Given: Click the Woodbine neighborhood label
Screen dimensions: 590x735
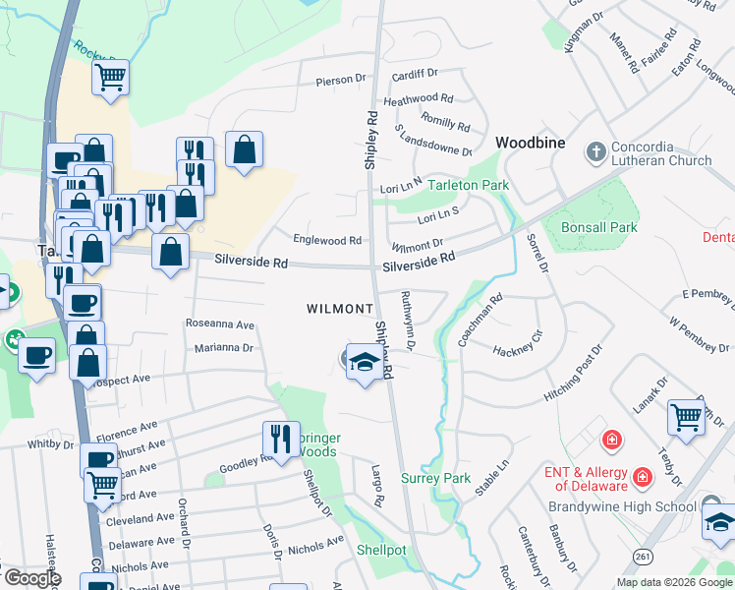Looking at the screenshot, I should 530,143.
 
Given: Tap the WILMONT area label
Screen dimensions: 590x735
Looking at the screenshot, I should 340,309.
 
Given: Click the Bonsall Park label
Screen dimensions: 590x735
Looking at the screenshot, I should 572,227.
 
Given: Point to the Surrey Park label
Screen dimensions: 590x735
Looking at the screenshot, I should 436,479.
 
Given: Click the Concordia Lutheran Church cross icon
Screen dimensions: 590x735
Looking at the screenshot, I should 594,152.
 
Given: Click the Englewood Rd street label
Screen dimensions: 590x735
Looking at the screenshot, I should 327,240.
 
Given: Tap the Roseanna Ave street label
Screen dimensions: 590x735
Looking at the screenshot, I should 220,324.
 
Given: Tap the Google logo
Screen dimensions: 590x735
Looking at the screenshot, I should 31,578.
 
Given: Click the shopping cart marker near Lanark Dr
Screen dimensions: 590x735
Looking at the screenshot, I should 686,416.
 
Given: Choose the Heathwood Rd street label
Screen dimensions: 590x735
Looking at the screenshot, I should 418,99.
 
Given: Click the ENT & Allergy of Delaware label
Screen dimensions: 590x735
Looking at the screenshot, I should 586,479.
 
